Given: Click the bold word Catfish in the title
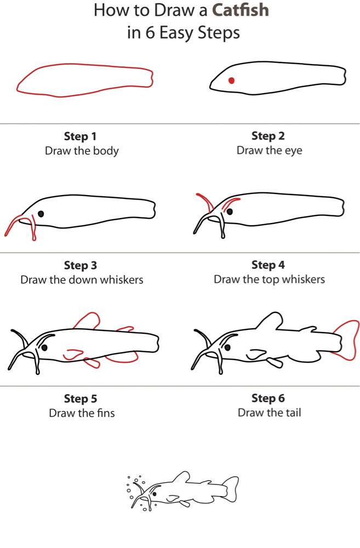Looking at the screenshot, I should [x=241, y=10].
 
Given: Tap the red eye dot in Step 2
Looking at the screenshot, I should [x=231, y=81].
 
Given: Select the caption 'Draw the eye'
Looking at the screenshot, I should [x=269, y=150].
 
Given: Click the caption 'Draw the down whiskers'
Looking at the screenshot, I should [x=82, y=279].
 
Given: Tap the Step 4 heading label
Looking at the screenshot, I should [x=268, y=265].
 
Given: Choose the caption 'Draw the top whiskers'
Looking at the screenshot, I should [x=269, y=279].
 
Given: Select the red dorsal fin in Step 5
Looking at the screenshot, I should [x=87, y=321].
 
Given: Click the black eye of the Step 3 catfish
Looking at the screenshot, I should [x=41, y=214].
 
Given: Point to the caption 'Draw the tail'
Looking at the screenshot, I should [x=269, y=413].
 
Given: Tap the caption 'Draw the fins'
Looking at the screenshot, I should [x=82, y=413].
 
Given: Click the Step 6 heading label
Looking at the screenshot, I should [x=268, y=398].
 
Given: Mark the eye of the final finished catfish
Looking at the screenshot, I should [x=155, y=494].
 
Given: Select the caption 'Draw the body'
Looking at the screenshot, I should [x=82, y=151].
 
